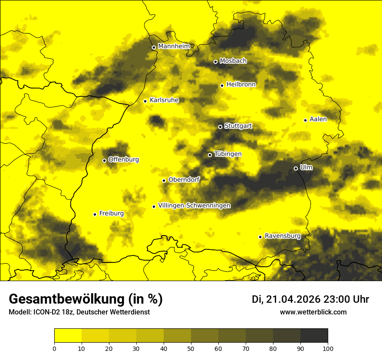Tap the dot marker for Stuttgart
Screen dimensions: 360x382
(220, 127)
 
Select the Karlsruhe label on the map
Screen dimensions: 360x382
(164, 100)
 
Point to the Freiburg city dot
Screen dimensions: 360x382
(95, 214)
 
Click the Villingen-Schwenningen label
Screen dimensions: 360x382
(194, 206)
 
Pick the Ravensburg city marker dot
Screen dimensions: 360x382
(260, 237)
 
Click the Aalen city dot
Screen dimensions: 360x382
(305, 120)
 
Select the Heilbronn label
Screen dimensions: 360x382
(241, 85)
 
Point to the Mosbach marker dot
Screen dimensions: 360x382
(215, 62)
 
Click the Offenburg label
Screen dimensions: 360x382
(124, 160)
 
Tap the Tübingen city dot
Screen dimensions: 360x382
(210, 155)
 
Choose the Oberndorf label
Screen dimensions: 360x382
(184, 180)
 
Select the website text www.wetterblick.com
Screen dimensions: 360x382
(313, 312)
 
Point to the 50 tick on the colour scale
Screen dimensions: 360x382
(191, 348)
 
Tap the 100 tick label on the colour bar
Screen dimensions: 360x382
(328, 348)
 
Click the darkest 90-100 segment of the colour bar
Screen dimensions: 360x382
(314, 336)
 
